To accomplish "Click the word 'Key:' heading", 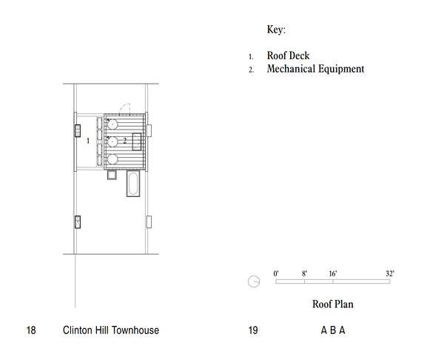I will (x=276, y=30).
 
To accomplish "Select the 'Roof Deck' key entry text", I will (x=289, y=56).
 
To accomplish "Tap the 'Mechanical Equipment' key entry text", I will (x=315, y=70).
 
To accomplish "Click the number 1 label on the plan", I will (x=87, y=139).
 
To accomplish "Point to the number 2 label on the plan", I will (x=125, y=139).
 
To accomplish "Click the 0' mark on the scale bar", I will (x=276, y=273).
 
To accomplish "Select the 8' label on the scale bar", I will (x=304, y=273).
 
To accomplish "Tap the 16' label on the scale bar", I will (x=333, y=273).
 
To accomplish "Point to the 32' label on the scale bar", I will (x=389, y=273).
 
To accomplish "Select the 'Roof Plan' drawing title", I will (x=333, y=304).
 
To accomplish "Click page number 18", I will (x=31, y=330).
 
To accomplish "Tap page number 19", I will (x=253, y=330).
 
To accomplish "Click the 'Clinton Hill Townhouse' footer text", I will (x=111, y=330).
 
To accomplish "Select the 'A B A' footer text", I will (x=333, y=330).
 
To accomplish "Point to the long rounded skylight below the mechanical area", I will (x=133, y=186).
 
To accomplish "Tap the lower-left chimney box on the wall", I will (x=77, y=221).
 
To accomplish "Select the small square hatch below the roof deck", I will (x=112, y=176).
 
